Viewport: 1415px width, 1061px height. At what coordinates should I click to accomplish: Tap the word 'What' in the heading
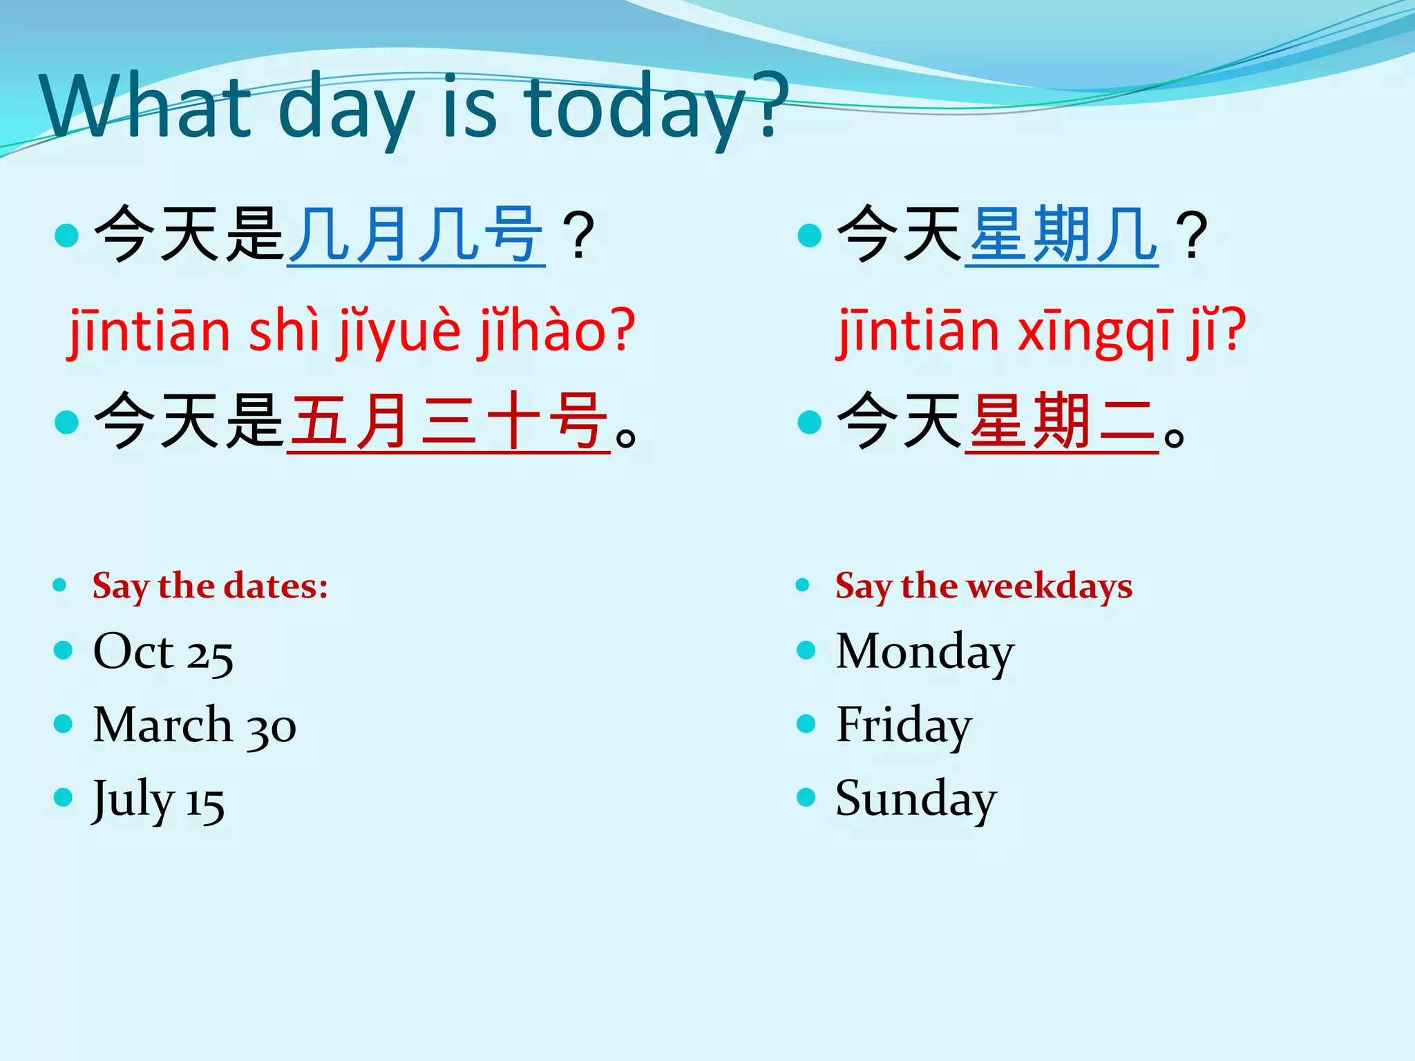click(x=145, y=107)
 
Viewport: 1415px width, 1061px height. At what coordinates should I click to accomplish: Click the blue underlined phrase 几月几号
click(x=416, y=236)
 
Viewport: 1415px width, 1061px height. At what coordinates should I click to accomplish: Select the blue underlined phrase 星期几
click(x=1061, y=236)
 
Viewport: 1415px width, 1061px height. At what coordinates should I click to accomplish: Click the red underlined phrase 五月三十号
click(x=448, y=421)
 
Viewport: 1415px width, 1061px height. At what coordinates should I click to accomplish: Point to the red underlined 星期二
click(x=1061, y=421)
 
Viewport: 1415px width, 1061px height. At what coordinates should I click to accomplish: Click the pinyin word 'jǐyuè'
click(x=399, y=332)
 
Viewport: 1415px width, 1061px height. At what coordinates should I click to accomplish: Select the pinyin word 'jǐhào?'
click(x=555, y=332)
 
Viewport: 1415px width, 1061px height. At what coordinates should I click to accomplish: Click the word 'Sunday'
click(x=915, y=799)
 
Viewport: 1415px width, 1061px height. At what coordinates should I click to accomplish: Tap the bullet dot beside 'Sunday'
click(x=806, y=798)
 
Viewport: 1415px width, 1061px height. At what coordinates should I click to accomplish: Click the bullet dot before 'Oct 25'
click(x=63, y=650)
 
